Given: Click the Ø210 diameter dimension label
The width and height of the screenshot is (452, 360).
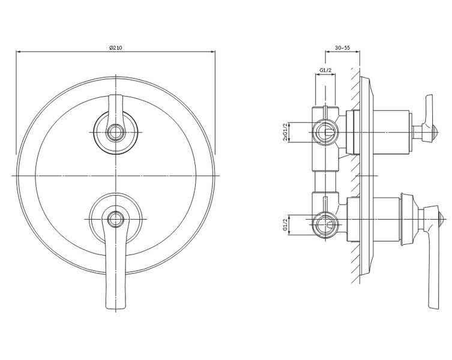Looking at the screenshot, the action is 116,48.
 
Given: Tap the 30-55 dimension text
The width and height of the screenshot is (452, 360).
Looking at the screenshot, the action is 343,48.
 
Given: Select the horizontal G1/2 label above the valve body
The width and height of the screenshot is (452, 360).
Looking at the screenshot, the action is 326,70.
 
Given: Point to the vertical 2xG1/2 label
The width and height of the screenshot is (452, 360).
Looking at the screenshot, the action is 285,132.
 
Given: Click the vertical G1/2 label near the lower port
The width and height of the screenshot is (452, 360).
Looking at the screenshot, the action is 285,224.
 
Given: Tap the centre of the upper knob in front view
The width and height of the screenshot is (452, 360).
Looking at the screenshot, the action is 116,132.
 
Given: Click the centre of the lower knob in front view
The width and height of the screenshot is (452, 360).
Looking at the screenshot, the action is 116,219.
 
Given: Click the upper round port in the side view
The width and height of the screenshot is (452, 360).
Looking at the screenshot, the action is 325,132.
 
